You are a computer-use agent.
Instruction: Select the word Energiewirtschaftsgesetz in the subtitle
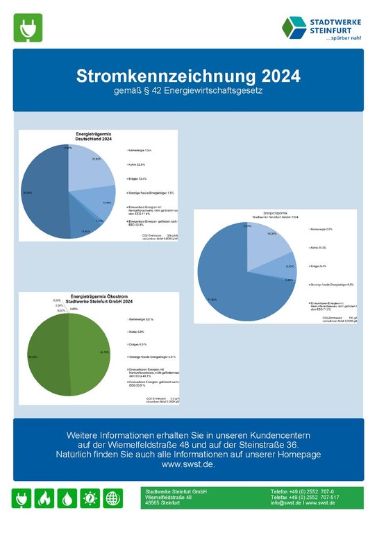pyautogui.click(x=234, y=90)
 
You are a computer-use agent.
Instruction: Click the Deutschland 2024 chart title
pyautogui.click(x=94, y=136)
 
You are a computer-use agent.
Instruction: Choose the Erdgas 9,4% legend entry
pyautogui.click(x=320, y=265)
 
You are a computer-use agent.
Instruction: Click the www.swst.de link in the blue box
pyautogui.click(x=188, y=464)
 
